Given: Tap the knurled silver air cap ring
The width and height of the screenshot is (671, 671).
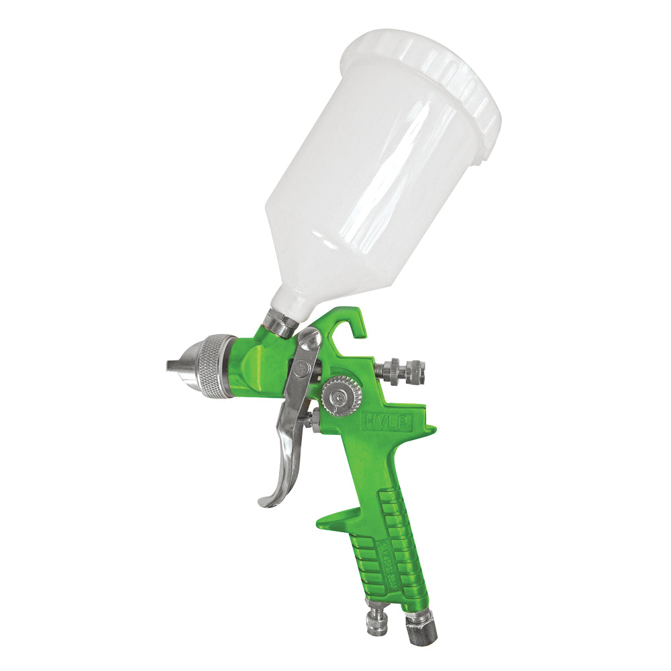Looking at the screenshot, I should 216,366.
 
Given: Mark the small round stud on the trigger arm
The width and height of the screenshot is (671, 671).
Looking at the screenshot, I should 303,367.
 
